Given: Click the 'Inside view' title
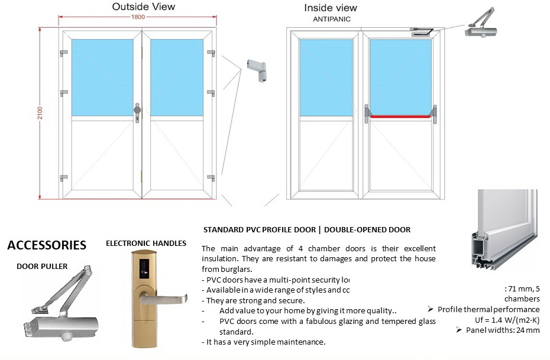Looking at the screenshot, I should tap(331, 8).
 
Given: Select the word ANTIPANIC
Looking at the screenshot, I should tap(332, 19).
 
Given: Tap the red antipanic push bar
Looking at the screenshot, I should tap(400, 116).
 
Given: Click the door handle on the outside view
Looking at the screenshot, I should tap(137, 110).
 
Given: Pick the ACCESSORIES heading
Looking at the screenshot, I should tap(46, 245).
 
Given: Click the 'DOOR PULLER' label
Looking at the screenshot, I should tap(42, 266).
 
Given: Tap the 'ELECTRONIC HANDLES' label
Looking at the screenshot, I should tap(146, 243).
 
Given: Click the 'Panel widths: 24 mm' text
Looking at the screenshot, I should tap(502, 330).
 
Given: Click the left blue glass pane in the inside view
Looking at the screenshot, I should tap(326, 77).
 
